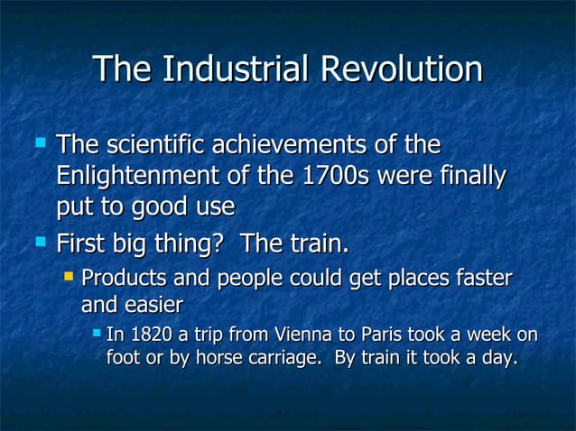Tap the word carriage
287,358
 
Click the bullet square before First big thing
40,243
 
